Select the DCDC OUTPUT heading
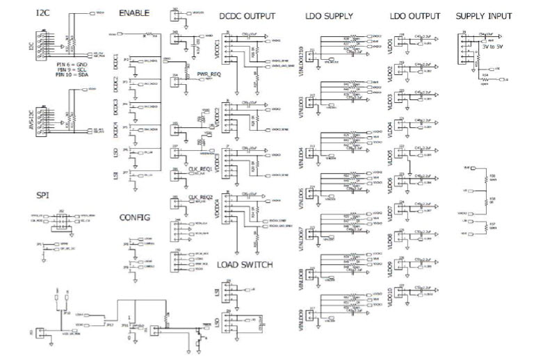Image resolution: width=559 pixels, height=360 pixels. [x=247, y=16]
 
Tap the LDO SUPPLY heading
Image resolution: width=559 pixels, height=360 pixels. [x=331, y=16]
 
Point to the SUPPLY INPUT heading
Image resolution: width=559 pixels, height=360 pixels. [x=484, y=16]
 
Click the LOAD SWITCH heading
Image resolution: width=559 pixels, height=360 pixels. [x=245, y=265]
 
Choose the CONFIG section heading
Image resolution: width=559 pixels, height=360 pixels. [x=134, y=216]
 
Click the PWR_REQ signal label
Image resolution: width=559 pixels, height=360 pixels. [x=209, y=72]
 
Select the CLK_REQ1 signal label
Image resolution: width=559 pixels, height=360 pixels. [x=200, y=169]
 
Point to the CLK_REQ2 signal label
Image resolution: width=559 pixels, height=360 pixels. [x=200, y=197]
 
